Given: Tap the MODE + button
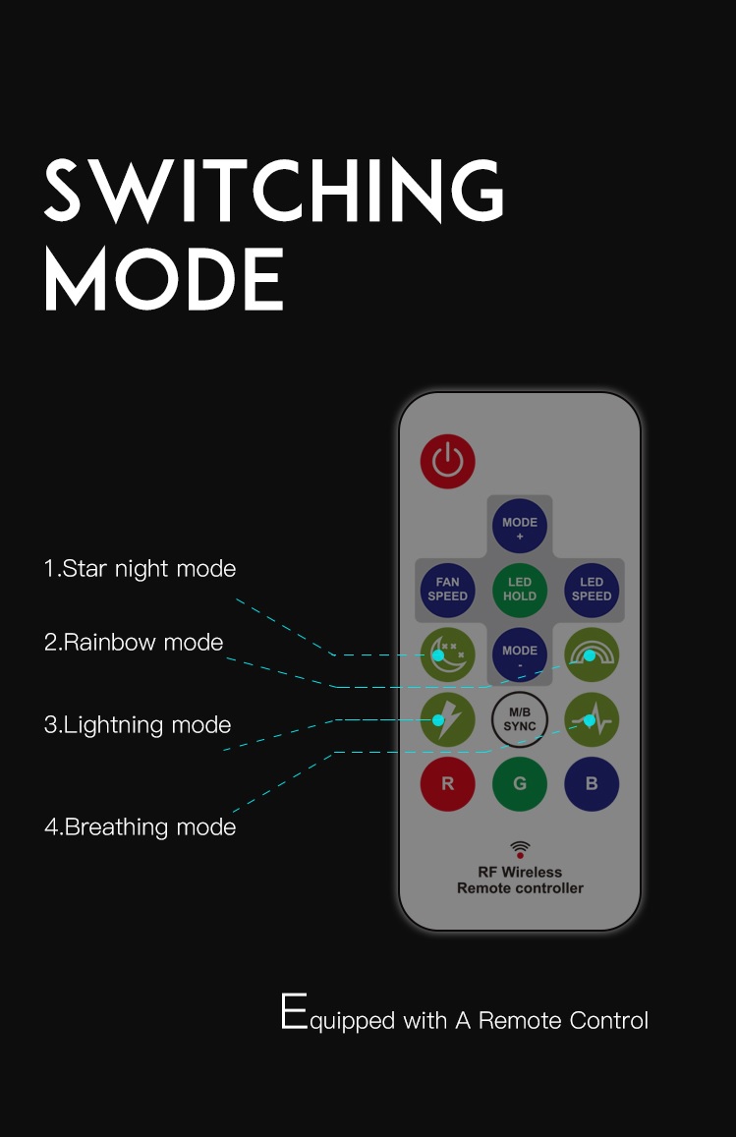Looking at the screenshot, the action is pyautogui.click(x=519, y=526).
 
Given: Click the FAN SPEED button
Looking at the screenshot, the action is pyautogui.click(x=447, y=590).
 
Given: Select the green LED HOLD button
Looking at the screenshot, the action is pyautogui.click(x=519, y=590).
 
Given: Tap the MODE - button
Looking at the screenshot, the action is pyautogui.click(x=519, y=654).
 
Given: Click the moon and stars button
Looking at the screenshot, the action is pyautogui.click(x=447, y=654).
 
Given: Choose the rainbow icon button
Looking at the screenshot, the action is pyautogui.click(x=592, y=654).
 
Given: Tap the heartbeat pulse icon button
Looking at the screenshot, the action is pyautogui.click(x=592, y=720).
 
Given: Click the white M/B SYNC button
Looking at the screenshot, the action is pyautogui.click(x=519, y=720).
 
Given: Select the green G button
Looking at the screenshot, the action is pyautogui.click(x=519, y=784).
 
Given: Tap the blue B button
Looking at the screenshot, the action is pyautogui.click(x=592, y=784).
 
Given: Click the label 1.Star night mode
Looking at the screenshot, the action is pyautogui.click(x=140, y=569).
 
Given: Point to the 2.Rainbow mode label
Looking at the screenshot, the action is pyautogui.click(x=134, y=643).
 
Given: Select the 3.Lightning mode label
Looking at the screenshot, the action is pyautogui.click(x=138, y=725).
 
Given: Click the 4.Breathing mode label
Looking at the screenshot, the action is pyautogui.click(x=140, y=827).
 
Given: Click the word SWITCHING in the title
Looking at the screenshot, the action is pyautogui.click(x=274, y=190).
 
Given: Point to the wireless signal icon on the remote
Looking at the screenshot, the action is pyautogui.click(x=520, y=849).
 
